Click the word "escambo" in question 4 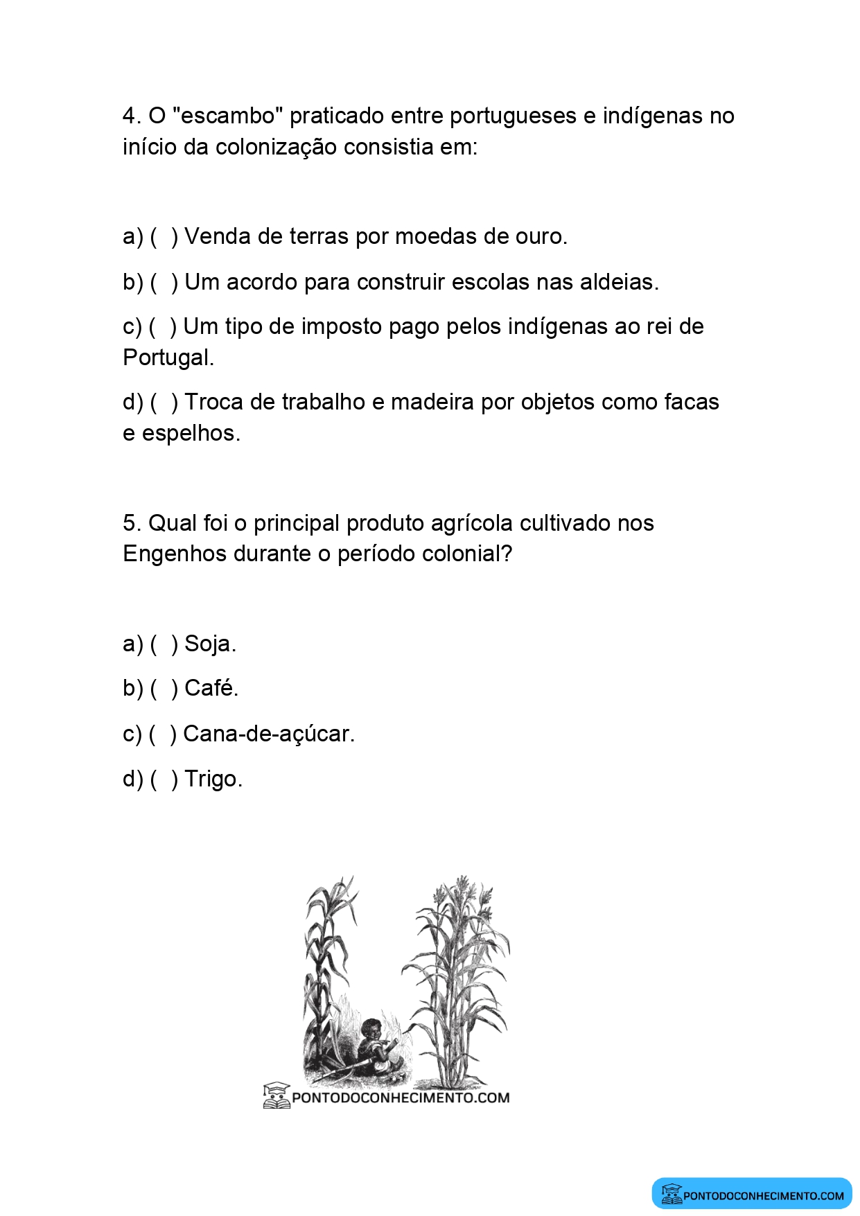[x=227, y=116]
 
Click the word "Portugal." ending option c [x=168, y=358]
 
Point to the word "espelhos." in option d [x=191, y=434]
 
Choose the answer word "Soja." [x=210, y=644]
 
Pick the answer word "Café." [x=211, y=689]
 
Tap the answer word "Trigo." [x=213, y=779]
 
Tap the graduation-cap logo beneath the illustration [x=276, y=1095]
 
